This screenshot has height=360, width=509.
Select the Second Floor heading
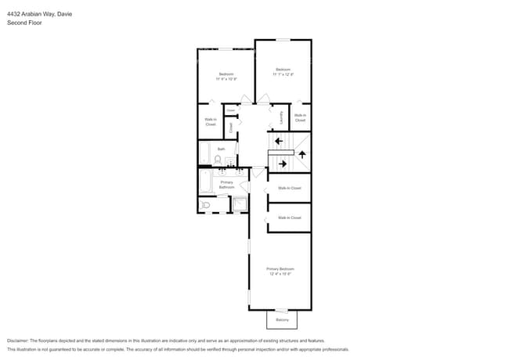click(x=24, y=23)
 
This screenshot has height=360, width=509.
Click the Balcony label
click(x=282, y=320)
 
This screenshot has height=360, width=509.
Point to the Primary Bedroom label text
click(x=280, y=268)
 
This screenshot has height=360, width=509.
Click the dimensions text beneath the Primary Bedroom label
click(x=280, y=274)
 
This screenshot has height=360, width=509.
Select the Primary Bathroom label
click(x=226, y=185)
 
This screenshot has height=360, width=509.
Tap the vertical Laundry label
click(x=281, y=118)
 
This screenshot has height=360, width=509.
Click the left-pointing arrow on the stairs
click(x=278, y=141)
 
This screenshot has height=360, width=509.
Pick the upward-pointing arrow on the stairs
click(x=301, y=154)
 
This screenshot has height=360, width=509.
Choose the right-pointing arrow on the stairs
click(x=282, y=164)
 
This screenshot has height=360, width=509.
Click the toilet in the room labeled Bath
click(x=218, y=160)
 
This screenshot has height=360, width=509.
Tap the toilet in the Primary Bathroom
click(x=206, y=205)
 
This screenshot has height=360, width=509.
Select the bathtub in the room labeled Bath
click(x=204, y=153)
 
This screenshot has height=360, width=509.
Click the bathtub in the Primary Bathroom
click(x=205, y=182)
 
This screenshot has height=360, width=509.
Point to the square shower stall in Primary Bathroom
click(x=239, y=205)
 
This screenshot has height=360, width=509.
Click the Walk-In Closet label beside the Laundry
click(x=300, y=118)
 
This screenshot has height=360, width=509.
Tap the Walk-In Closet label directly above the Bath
click(x=211, y=122)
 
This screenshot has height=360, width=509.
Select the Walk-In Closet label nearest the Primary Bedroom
click(x=289, y=218)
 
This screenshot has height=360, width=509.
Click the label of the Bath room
click(x=221, y=149)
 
